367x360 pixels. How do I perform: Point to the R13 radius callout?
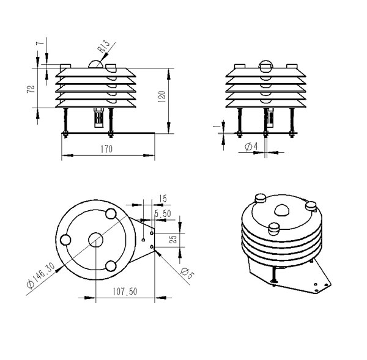(x=103, y=47)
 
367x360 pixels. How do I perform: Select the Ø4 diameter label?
(x=250, y=147)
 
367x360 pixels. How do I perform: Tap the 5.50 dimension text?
(x=163, y=213)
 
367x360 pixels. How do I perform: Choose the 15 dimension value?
(x=162, y=198)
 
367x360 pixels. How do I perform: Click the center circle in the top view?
(x=95, y=240)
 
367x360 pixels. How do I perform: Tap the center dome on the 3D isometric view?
(x=283, y=210)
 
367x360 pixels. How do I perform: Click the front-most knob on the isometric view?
(x=274, y=229)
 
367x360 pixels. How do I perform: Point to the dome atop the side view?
(x=265, y=65)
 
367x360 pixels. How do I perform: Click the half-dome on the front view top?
(x=96, y=64)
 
